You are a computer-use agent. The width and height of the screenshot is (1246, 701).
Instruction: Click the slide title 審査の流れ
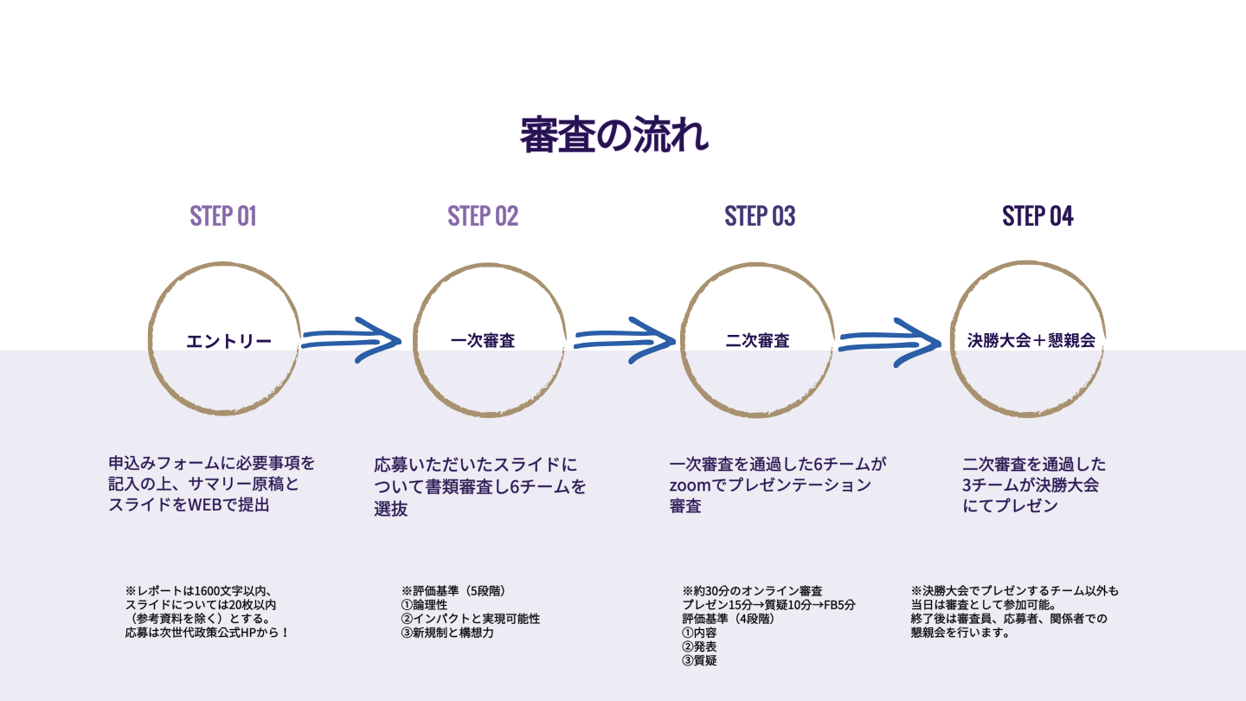(x=613, y=134)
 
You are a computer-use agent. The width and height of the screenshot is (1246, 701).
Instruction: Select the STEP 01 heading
(x=223, y=215)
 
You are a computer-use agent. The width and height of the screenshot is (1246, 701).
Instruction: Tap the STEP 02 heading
(x=483, y=215)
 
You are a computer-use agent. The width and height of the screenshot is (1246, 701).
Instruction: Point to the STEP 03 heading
(x=760, y=215)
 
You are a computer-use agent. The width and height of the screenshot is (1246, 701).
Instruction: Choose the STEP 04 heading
(x=1037, y=215)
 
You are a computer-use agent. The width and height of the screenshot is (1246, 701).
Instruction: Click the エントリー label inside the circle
(x=228, y=341)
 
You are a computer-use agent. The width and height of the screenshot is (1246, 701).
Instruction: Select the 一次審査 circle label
(x=483, y=340)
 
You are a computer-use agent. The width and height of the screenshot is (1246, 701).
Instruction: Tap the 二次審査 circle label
(x=757, y=340)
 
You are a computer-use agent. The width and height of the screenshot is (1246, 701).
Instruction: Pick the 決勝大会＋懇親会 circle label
(x=1031, y=340)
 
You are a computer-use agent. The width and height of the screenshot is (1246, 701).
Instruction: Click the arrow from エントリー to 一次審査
(x=350, y=338)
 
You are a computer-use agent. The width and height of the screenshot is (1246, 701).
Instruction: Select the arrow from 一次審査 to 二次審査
(x=623, y=338)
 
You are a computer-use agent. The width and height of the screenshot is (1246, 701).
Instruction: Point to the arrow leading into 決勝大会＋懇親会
(x=890, y=338)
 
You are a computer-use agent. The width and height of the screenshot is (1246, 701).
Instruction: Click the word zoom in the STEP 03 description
(x=690, y=485)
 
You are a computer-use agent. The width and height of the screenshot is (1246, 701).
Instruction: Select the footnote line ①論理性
(x=424, y=605)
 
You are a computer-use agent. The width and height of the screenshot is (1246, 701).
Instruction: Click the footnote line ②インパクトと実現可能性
(x=471, y=619)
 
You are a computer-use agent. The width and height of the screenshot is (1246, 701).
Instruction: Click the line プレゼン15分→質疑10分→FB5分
(x=768, y=605)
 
